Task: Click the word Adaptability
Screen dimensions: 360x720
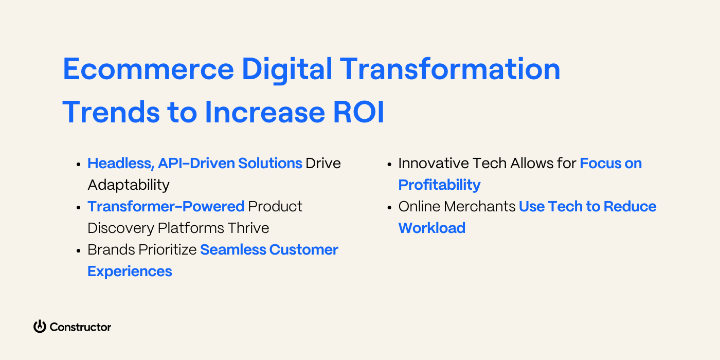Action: (129, 185)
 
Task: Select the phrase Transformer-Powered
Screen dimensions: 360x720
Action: (166, 206)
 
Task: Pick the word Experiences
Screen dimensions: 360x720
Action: (130, 271)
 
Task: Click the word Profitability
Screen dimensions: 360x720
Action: (439, 185)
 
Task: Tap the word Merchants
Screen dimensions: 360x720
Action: (479, 206)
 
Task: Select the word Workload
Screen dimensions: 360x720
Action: (431, 228)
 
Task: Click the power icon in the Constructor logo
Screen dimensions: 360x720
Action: (40, 327)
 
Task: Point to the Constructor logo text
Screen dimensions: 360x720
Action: (80, 327)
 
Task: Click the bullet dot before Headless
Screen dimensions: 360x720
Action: (79, 165)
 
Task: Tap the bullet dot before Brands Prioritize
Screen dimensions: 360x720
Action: (79, 251)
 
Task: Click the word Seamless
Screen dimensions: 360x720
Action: (232, 250)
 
